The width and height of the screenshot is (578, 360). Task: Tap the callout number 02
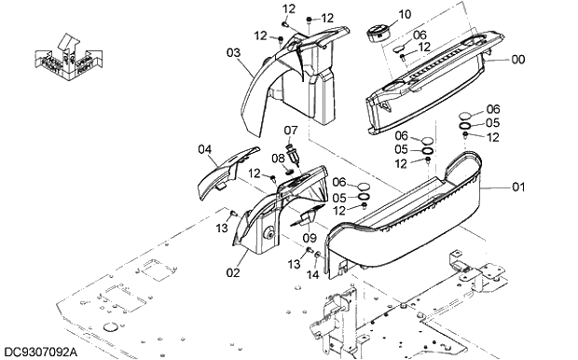click(233, 273)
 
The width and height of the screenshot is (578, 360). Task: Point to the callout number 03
click(233, 52)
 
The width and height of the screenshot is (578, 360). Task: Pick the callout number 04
click(205, 147)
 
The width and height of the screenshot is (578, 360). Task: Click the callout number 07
click(291, 130)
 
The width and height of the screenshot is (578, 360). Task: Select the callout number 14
click(312, 274)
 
